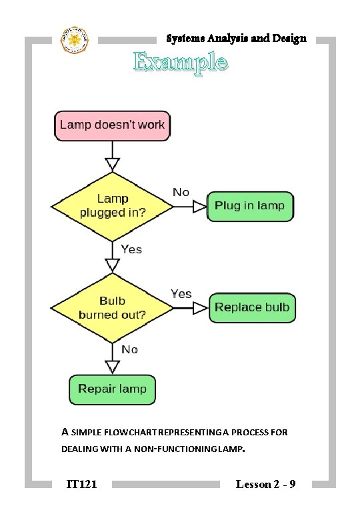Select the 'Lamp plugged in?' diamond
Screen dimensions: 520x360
(113, 205)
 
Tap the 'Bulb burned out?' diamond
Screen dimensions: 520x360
(113, 307)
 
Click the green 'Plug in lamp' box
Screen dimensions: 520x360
(250, 206)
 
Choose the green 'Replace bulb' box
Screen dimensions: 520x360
(252, 307)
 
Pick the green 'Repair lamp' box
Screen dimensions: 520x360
(112, 389)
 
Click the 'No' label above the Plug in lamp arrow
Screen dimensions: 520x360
(181, 192)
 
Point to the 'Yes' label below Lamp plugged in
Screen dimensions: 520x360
(131, 249)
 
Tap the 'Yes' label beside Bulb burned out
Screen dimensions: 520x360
(181, 293)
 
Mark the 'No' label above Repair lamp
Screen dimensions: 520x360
(129, 349)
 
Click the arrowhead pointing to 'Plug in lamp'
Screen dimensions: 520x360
(199, 207)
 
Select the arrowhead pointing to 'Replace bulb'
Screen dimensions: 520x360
(200, 307)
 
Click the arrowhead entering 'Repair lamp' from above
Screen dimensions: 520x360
(113, 366)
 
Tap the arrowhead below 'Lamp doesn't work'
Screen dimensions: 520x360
(113, 164)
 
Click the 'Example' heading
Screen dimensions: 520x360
(181, 63)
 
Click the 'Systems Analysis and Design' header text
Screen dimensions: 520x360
(236, 38)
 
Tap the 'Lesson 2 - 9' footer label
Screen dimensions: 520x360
(265, 483)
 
